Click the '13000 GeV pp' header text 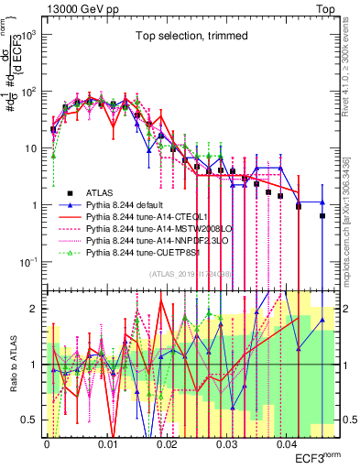(83, 7)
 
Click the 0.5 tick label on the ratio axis (32, 420)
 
